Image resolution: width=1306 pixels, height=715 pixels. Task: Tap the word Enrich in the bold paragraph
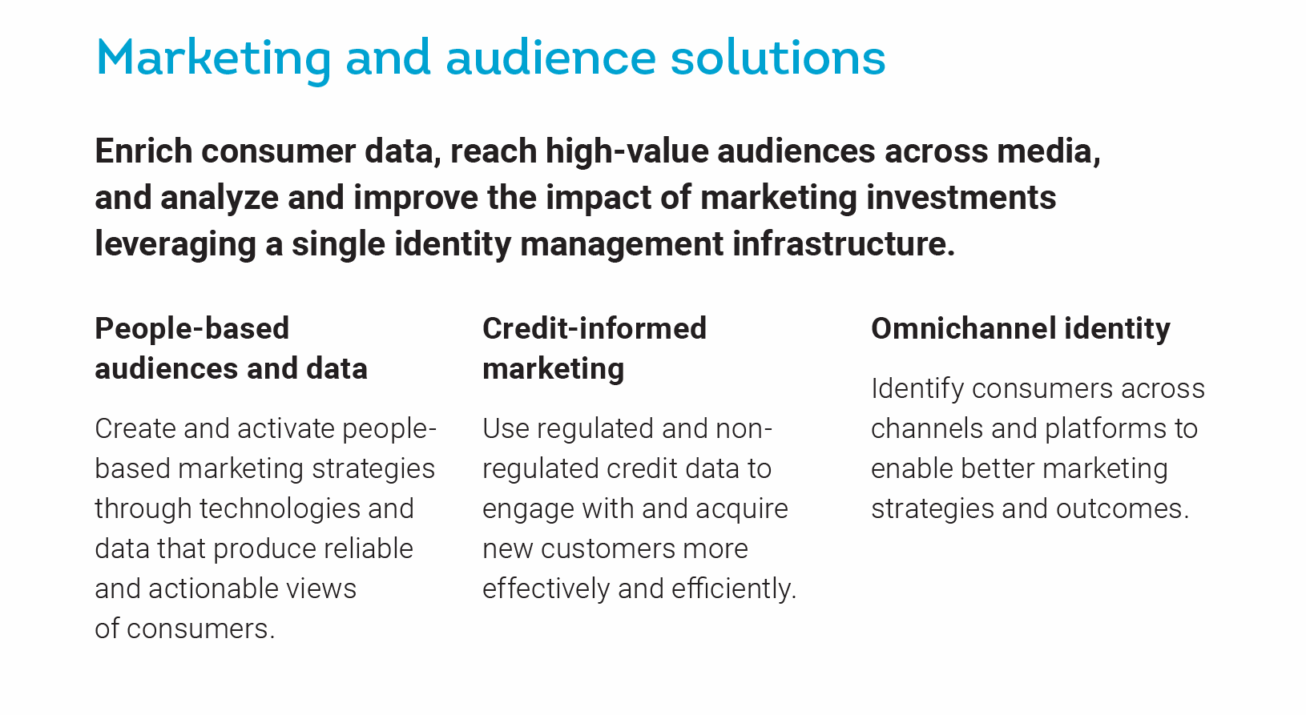(x=143, y=151)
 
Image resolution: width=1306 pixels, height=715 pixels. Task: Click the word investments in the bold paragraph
(x=961, y=197)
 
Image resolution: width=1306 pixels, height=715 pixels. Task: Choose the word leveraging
(x=175, y=245)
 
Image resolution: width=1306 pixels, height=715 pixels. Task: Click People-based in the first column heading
(x=191, y=329)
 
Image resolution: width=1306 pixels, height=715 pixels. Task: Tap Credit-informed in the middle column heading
(x=595, y=328)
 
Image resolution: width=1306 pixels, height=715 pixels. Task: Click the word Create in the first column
(x=135, y=428)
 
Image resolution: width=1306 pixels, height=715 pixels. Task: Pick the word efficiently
(x=734, y=589)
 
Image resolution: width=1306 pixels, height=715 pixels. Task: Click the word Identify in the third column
(x=917, y=389)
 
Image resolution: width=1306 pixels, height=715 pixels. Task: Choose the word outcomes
(x=1123, y=509)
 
